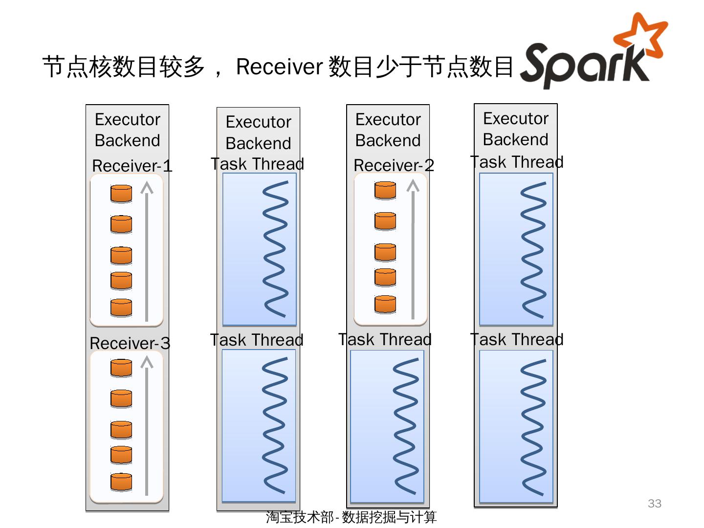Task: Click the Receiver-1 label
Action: (132, 166)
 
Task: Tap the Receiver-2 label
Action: (394, 165)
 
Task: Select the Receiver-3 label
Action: (130, 343)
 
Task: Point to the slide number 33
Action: (654, 504)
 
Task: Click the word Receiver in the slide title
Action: (279, 66)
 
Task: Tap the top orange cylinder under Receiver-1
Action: (121, 194)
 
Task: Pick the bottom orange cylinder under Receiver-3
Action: (121, 482)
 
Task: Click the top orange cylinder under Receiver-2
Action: (385, 190)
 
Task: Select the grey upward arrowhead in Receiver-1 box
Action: (147, 188)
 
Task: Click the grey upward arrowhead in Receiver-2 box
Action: (413, 186)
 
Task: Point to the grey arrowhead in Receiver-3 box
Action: (147, 362)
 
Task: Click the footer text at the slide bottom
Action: (351, 517)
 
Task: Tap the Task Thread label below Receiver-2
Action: (385, 339)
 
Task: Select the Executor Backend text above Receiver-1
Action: (127, 130)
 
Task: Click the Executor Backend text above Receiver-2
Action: (388, 130)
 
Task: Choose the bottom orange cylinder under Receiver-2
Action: (385, 304)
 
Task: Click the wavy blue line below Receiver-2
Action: (405, 426)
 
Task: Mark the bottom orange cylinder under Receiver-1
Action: (121, 308)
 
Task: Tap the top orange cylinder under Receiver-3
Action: (121, 368)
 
